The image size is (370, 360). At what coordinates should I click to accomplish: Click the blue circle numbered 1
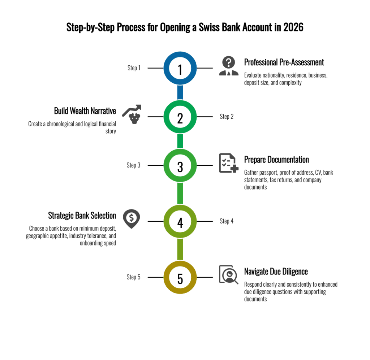(180, 68)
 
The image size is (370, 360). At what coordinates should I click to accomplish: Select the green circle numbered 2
(180, 117)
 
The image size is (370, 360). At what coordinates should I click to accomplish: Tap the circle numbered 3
(180, 166)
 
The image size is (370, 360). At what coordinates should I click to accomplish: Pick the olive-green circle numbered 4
(180, 221)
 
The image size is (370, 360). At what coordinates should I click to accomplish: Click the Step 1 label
(134, 68)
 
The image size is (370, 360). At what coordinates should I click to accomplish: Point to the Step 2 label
(227, 117)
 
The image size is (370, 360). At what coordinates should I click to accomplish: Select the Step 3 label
(133, 165)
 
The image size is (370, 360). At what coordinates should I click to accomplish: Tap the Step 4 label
(227, 221)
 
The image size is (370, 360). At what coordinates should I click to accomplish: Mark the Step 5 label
(133, 277)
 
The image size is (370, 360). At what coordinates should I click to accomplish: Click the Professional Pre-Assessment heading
(284, 62)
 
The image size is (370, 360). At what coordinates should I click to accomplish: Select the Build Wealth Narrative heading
(85, 110)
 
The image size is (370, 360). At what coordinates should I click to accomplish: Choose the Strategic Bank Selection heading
(82, 216)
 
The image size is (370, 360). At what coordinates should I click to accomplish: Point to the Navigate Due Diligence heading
(276, 271)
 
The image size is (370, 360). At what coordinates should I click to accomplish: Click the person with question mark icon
(229, 66)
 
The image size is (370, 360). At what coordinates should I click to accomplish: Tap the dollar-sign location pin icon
(130, 218)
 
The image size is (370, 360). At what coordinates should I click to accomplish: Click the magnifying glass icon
(229, 275)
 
